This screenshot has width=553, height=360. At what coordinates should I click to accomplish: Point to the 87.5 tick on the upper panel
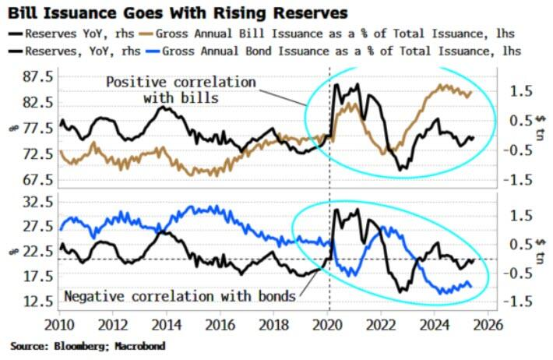[x=38, y=76]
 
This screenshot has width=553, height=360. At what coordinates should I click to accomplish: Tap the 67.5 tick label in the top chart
[x=38, y=179]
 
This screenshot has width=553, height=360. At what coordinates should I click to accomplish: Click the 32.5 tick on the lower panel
[x=38, y=201]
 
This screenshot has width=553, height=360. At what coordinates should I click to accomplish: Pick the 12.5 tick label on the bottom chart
[x=38, y=301]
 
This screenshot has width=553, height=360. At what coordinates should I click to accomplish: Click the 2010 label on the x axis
[x=60, y=323]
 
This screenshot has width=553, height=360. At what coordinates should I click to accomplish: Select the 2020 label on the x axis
[x=328, y=323]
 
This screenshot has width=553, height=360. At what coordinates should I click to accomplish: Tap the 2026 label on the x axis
[x=488, y=323]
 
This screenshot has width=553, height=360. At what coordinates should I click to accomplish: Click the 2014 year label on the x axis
[x=167, y=323]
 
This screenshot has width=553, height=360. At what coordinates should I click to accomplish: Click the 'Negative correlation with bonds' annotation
[x=179, y=296]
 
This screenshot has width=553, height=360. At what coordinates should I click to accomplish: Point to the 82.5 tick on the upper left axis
[x=38, y=102]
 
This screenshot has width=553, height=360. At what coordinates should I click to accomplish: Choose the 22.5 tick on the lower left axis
[x=38, y=251]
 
